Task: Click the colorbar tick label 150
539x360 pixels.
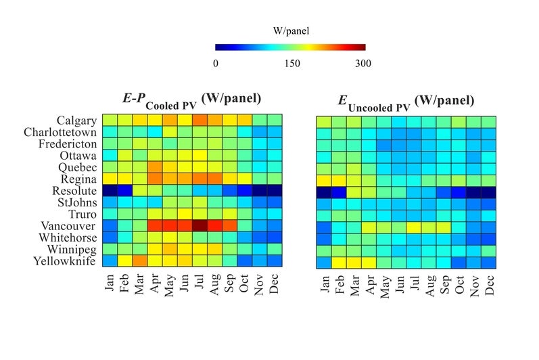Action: point(290,64)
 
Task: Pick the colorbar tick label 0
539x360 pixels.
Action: point(216,64)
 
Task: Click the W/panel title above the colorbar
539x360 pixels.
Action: point(290,30)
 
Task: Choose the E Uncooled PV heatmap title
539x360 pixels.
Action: point(406,102)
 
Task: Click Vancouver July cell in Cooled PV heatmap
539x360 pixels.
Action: point(200,225)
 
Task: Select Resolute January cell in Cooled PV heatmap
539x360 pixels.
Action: point(109,190)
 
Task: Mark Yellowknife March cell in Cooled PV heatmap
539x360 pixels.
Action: point(139,261)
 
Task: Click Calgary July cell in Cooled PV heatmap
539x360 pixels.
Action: point(200,120)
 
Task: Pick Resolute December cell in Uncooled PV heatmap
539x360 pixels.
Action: point(489,191)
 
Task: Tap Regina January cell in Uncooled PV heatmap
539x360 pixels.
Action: point(324,179)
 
